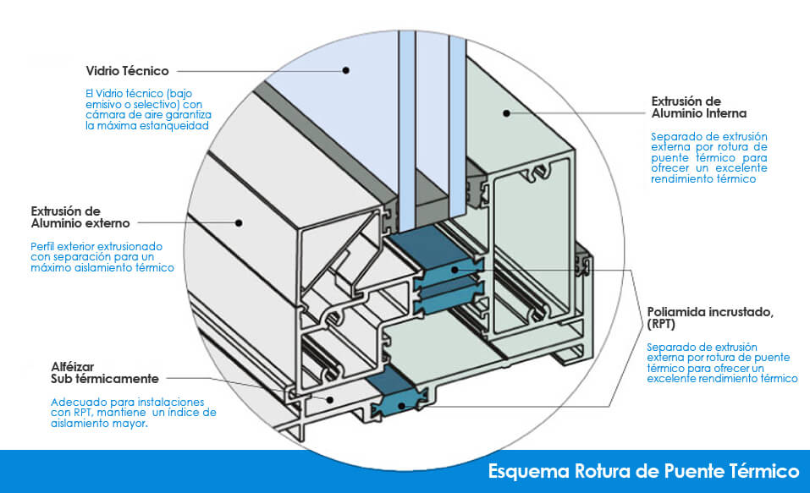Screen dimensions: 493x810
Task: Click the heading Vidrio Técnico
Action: (127, 71)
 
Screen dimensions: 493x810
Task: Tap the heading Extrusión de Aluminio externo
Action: (80, 216)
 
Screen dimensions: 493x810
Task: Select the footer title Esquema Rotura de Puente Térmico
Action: (643, 470)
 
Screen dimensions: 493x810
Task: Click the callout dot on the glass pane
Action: (346, 71)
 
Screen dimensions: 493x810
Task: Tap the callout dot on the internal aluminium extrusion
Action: (507, 112)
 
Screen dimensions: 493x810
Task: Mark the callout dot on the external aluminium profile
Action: (240, 223)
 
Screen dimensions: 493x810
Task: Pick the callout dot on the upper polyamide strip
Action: (454, 270)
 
